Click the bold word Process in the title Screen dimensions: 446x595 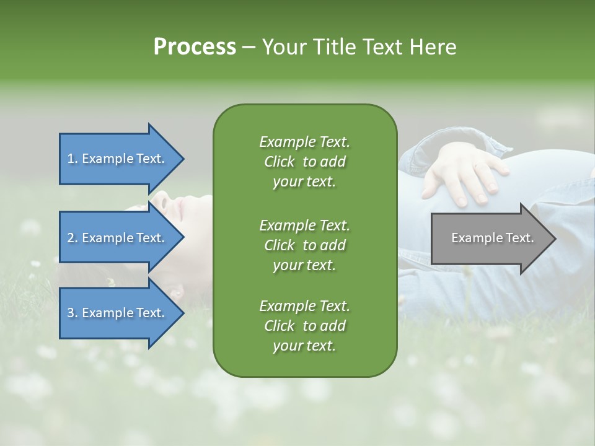click(195, 47)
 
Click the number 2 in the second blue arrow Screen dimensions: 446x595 click(71, 238)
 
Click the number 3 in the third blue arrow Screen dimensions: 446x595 click(71, 313)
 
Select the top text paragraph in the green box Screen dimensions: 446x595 click(304, 162)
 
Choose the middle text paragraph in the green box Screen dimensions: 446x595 click(304, 245)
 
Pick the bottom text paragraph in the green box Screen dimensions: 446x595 click(304, 326)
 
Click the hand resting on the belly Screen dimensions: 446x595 click(465, 173)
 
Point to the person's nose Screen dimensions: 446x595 click(163, 199)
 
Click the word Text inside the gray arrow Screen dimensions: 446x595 click(519, 238)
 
